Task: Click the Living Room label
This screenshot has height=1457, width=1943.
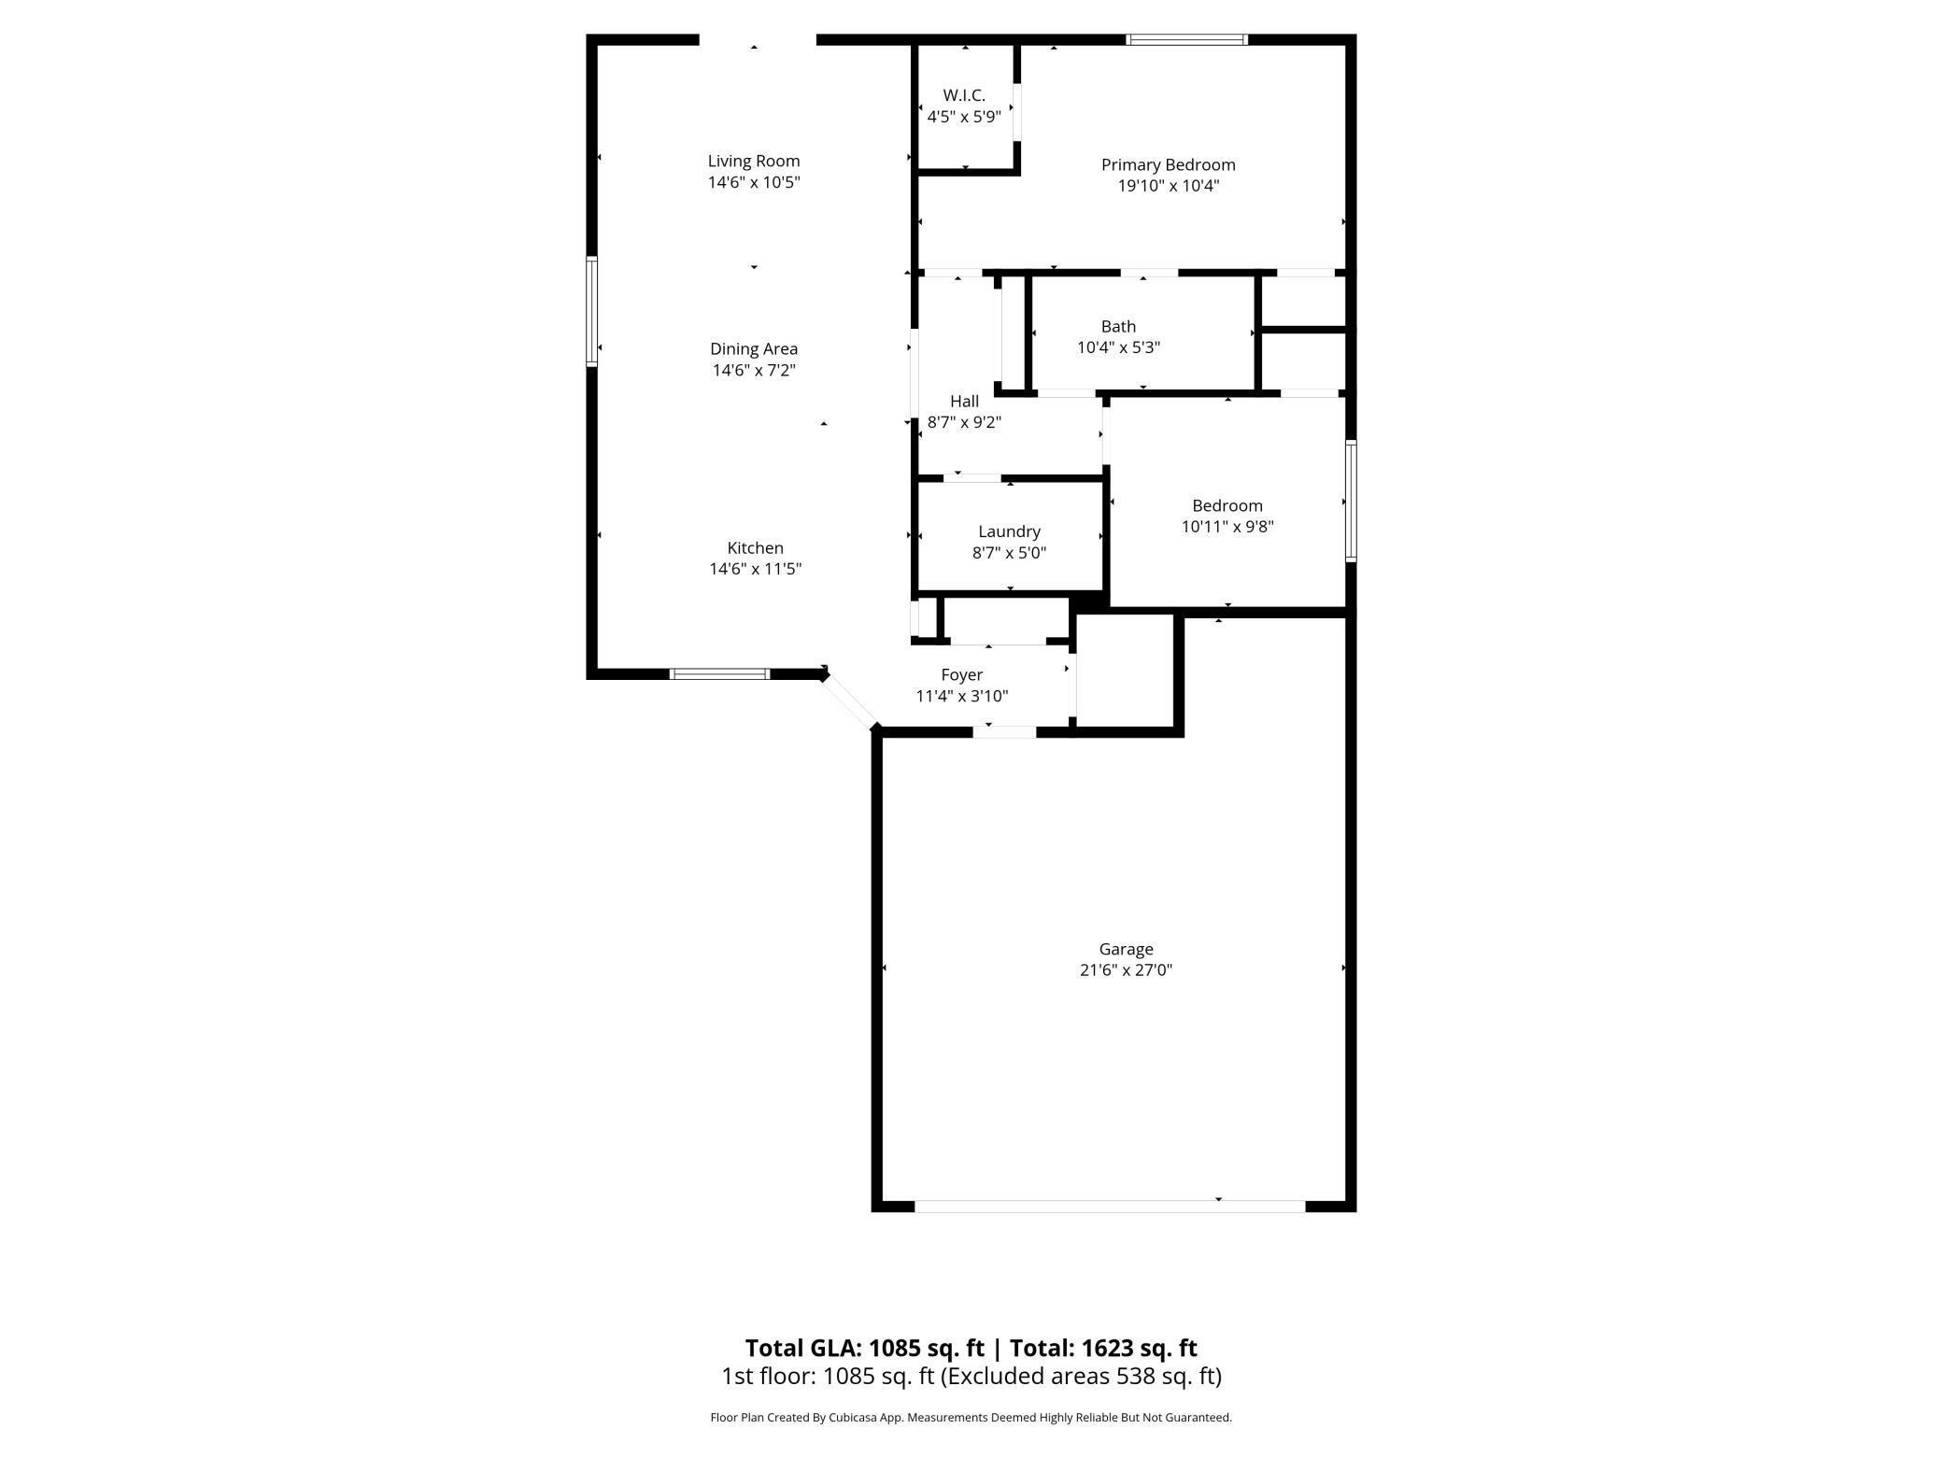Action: pyautogui.click(x=753, y=161)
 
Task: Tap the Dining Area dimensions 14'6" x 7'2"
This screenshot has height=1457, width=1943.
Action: pyautogui.click(x=753, y=370)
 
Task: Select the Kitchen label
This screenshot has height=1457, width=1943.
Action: pyautogui.click(x=755, y=547)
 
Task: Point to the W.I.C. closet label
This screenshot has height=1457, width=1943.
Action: pyautogui.click(x=963, y=95)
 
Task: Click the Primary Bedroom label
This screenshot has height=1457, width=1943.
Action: pyautogui.click(x=1168, y=164)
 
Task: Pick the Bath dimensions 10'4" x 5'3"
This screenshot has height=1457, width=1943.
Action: pyautogui.click(x=1118, y=347)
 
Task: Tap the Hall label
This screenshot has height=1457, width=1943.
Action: pyautogui.click(x=964, y=401)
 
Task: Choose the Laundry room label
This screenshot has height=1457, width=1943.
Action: pyautogui.click(x=1009, y=531)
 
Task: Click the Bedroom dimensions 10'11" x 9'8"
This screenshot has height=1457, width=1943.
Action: pyautogui.click(x=1227, y=526)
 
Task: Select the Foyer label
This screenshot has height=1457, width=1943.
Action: pyautogui.click(x=961, y=674)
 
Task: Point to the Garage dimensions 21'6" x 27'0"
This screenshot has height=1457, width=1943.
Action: pyautogui.click(x=1126, y=969)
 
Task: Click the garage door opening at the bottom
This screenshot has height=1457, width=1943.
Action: pyautogui.click(x=1109, y=1206)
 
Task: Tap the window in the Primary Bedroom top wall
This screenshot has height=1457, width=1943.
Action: pyautogui.click(x=1186, y=39)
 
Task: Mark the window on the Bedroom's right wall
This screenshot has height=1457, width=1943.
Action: pyautogui.click(x=1350, y=501)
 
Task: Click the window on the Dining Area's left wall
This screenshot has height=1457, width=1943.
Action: pyautogui.click(x=591, y=311)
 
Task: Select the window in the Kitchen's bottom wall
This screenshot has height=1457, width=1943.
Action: pyautogui.click(x=719, y=673)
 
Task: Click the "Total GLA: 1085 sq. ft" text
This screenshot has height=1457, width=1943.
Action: pyautogui.click(x=864, y=1348)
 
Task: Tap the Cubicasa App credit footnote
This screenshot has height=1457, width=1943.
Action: pyautogui.click(x=971, y=1417)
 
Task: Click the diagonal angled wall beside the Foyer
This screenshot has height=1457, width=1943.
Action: pyautogui.click(x=849, y=700)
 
